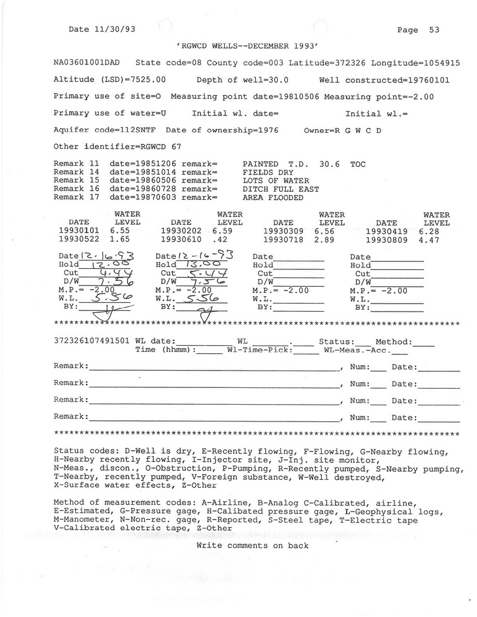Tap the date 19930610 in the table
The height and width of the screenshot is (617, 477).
tap(181, 239)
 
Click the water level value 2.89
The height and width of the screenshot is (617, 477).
tap(324, 239)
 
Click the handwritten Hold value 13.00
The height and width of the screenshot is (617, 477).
tap(199, 264)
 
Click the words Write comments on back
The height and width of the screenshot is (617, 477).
tap(252, 546)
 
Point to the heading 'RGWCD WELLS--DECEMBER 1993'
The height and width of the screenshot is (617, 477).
tap(247, 47)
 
